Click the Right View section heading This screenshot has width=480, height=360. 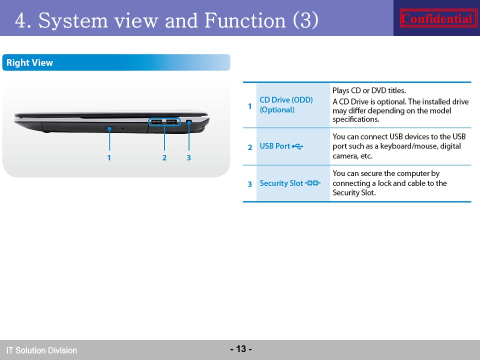pos(29,63)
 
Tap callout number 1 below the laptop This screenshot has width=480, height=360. pos(109,157)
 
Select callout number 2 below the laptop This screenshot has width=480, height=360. pos(164,157)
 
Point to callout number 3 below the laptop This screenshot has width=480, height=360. pos(189,157)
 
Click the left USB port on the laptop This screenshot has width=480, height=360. pos(156,122)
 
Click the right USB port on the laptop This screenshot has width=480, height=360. pos(171,122)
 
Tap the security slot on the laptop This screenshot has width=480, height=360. pos(189,122)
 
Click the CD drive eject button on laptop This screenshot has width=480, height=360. pos(110,127)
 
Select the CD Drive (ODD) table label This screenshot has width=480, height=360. pos(286,100)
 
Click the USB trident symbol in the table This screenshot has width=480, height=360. pos(297,146)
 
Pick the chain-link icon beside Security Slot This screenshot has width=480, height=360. pos(312,183)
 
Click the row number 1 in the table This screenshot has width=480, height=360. pos(250,106)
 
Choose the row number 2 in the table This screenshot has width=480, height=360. pos(250,147)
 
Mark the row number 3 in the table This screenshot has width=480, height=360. pos(250,184)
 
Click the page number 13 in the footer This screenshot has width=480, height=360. pos(241,348)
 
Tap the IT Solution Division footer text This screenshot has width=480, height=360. pos(41,350)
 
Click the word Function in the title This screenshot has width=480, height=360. pos(245,20)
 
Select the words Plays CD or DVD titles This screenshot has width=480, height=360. pos(369,90)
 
